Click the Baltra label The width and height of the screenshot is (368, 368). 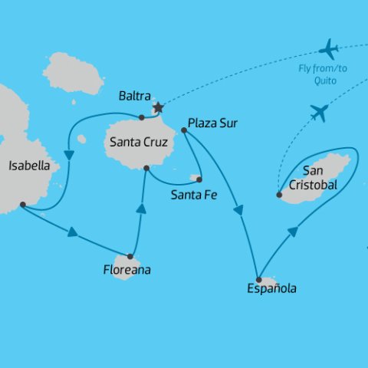tap(135, 97)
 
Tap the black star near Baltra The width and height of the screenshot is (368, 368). tap(158, 108)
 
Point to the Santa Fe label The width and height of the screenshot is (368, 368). tap(195, 195)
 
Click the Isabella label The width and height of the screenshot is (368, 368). tap(29, 165)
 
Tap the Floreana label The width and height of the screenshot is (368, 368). tap(127, 270)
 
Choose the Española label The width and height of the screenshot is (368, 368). tap(271, 289)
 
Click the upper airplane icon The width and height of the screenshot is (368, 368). tap(329, 50)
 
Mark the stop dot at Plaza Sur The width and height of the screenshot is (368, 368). tap(184, 130)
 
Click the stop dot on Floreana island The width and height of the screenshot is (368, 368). tap(131, 257)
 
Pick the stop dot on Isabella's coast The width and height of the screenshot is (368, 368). tap(22, 204)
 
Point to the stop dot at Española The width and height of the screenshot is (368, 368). tap(260, 279)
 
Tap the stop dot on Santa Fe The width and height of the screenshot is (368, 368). tap(199, 179)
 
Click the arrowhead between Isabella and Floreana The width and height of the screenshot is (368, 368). tap(74, 232)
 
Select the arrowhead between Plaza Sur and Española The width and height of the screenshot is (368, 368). tap(241, 212)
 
